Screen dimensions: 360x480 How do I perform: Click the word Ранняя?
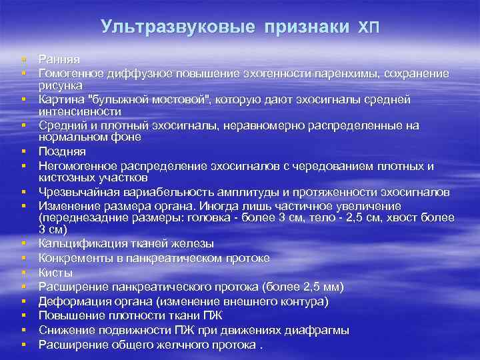click(59, 60)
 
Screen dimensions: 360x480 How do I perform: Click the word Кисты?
click(56, 273)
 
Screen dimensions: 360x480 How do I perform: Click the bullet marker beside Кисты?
click(23, 273)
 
